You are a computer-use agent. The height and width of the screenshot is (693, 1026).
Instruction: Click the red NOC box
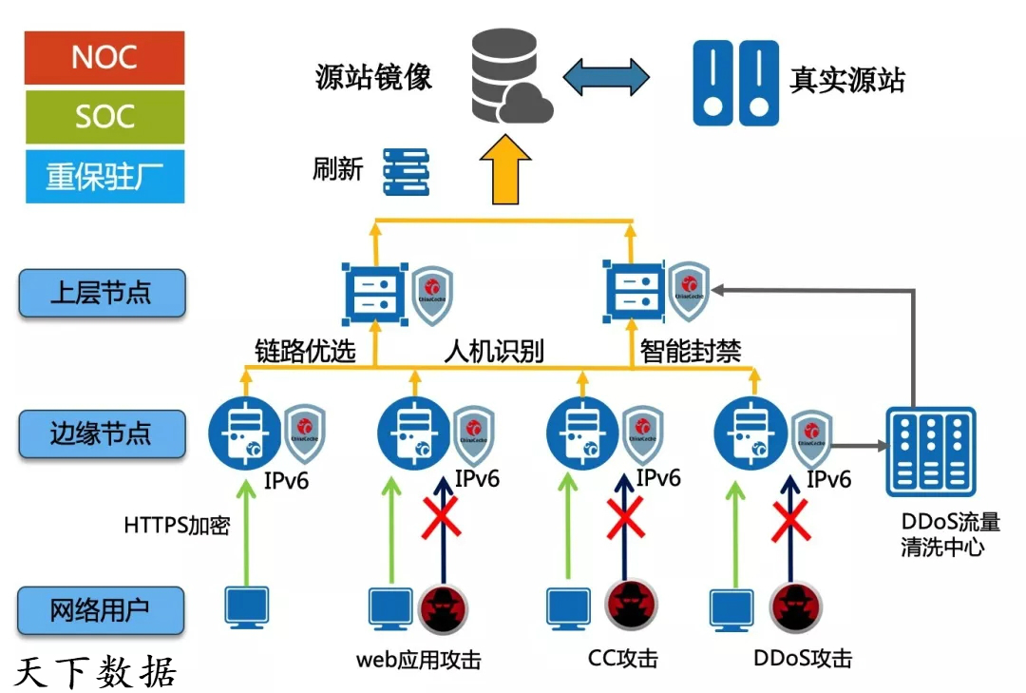104,58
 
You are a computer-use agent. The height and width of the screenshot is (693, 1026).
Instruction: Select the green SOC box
104,117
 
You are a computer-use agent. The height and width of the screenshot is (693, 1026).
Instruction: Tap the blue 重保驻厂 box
104,176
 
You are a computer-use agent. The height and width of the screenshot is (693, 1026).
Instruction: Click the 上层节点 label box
102,292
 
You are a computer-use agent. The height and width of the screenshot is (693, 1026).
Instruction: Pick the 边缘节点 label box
102,434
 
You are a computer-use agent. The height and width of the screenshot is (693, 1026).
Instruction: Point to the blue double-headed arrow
605,77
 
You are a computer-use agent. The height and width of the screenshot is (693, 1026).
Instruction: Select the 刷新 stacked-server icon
407,171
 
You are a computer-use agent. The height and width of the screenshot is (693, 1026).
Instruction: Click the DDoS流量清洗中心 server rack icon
930,452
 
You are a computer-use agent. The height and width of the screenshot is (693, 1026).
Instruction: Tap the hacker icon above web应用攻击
444,609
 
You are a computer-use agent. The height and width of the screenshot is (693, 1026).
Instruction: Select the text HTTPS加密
177,526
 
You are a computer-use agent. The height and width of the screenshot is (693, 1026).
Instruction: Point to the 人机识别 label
494,352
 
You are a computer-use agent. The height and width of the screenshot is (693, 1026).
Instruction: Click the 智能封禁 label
691,352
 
